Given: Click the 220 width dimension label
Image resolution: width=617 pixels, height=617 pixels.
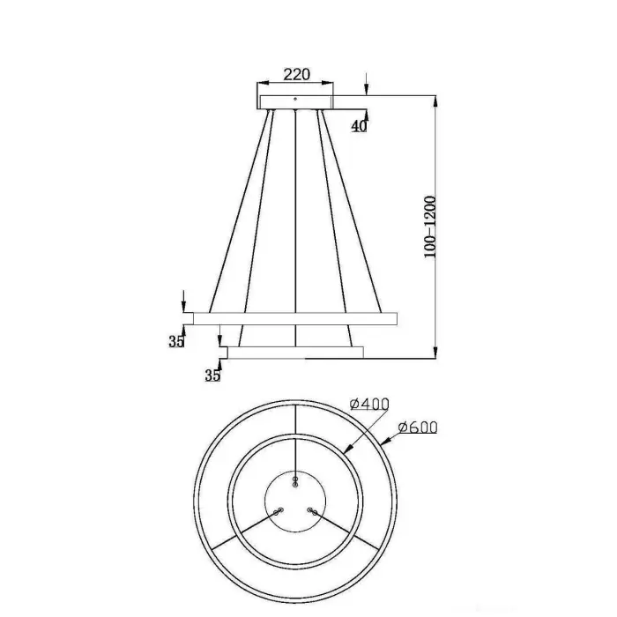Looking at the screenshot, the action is (x=297, y=74).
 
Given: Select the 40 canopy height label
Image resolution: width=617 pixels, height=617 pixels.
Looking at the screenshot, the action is (x=359, y=126).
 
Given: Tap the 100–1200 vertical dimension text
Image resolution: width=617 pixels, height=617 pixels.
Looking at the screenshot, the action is (x=430, y=227).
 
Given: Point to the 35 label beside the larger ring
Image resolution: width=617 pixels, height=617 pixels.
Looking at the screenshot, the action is (x=176, y=342).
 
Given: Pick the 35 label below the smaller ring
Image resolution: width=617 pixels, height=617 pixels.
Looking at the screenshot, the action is (x=212, y=375).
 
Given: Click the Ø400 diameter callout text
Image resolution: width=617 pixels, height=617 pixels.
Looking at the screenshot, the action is (x=369, y=404).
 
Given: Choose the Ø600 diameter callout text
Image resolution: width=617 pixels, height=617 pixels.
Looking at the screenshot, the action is (x=418, y=427).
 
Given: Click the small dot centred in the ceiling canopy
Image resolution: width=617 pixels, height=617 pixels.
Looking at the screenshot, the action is (x=295, y=99).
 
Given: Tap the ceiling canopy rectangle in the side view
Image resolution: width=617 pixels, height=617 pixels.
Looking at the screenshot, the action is (x=295, y=102).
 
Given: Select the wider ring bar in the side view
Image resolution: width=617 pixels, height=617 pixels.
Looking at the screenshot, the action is (x=295, y=319).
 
